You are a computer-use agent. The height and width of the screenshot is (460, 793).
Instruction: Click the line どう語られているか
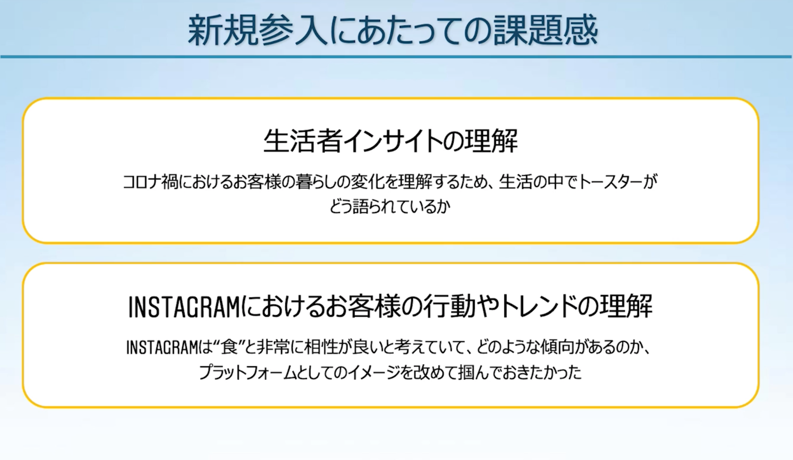389,206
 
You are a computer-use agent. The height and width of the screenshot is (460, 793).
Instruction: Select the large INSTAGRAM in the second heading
184,307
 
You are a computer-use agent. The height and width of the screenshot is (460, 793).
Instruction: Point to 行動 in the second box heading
449,307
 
